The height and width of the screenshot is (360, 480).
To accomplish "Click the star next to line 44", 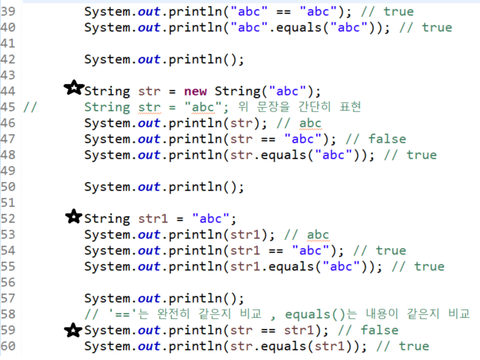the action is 74,89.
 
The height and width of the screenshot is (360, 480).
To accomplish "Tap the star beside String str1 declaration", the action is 74,217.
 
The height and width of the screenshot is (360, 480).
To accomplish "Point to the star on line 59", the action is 74,329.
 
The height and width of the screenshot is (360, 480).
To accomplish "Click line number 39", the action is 8,11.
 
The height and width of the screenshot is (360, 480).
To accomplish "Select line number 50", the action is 8,186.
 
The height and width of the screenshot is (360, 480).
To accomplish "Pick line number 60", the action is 8,346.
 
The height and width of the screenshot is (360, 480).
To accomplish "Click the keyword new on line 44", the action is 195,91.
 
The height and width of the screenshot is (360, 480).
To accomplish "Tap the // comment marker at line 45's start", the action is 30,107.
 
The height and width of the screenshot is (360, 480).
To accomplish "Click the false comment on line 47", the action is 387,139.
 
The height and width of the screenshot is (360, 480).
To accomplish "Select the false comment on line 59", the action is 379,330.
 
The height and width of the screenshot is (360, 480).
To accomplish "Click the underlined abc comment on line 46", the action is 310,123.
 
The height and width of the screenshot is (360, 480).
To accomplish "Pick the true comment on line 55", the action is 429,266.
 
